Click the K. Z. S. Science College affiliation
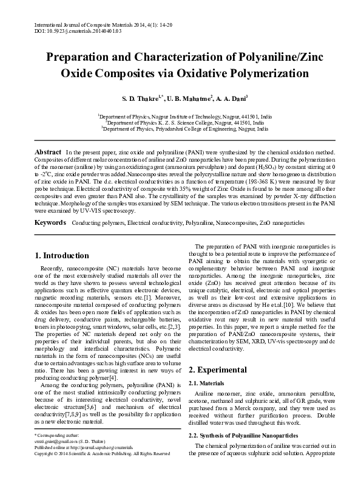click(180, 122)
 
